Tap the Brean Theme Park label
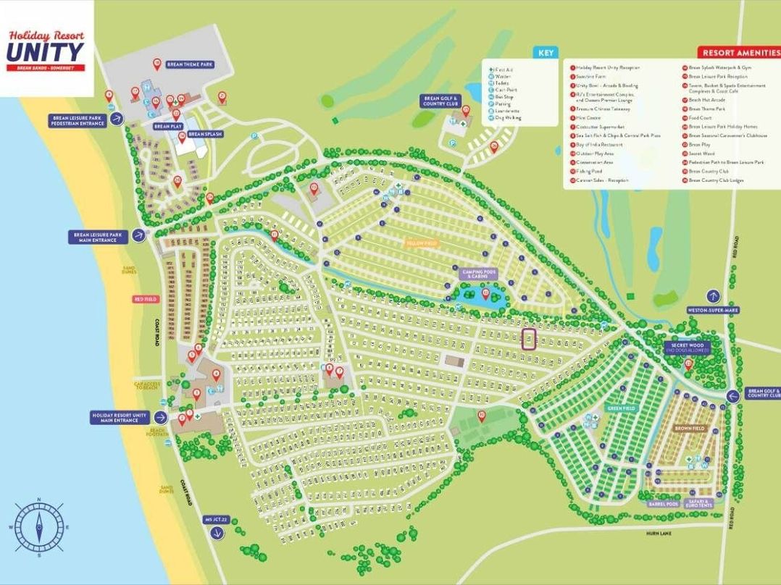(x=190, y=64)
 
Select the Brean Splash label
(x=205, y=134)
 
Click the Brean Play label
(x=162, y=126)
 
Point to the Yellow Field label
(x=419, y=243)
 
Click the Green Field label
(x=621, y=408)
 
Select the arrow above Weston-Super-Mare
(x=713, y=296)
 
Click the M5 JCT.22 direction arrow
(x=216, y=534)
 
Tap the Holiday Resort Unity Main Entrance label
(x=120, y=418)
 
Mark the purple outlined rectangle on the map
(x=529, y=340)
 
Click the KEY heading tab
(x=546, y=53)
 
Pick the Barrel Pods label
(x=663, y=504)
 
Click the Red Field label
(x=145, y=299)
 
